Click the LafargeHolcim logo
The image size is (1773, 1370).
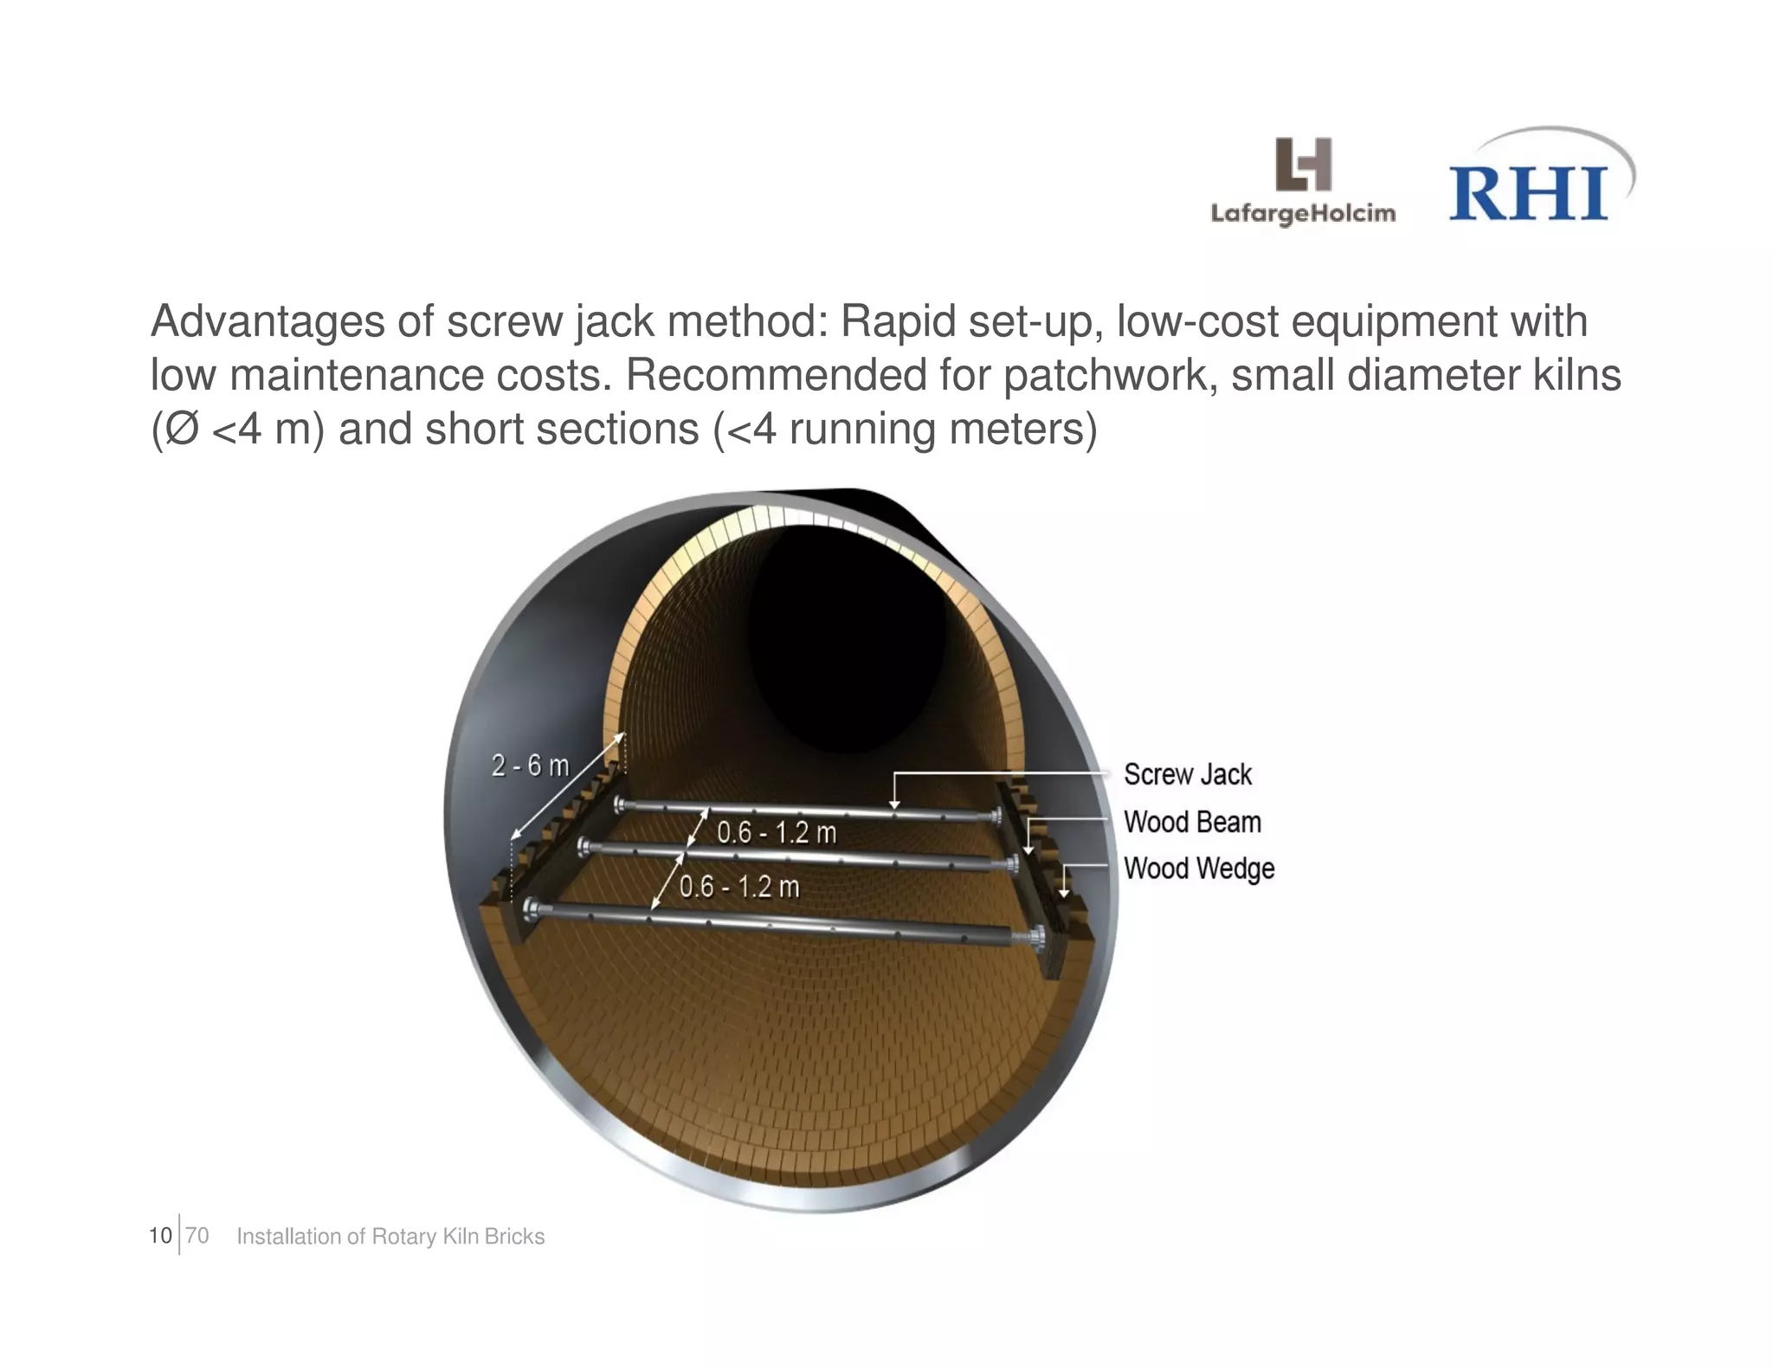click(x=1302, y=182)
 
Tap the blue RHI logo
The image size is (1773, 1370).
click(x=1529, y=192)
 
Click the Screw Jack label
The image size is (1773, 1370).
click(x=1187, y=774)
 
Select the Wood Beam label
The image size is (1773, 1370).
click(x=1191, y=822)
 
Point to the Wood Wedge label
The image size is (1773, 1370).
click(x=1198, y=868)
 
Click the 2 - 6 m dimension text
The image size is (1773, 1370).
click(x=531, y=766)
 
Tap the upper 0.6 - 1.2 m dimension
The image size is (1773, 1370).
click(x=777, y=833)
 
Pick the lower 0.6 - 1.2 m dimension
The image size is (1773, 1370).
click(x=739, y=887)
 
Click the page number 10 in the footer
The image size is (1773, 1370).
click(x=160, y=1236)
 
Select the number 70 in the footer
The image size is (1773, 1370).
click(x=197, y=1236)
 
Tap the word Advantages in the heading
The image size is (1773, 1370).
click(x=268, y=322)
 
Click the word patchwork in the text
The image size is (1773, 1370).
click(x=1110, y=376)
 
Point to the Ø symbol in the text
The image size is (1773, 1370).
click(x=181, y=430)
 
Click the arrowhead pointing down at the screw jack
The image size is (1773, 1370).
click(x=895, y=804)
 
